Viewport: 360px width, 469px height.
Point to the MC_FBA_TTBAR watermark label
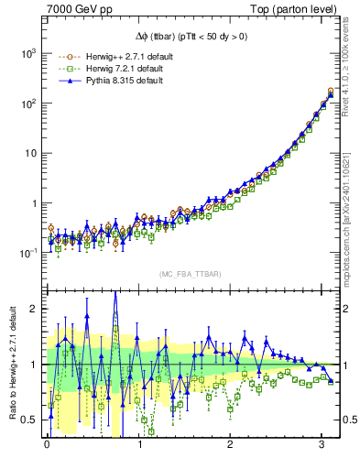[189, 274]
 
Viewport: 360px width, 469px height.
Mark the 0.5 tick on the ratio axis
[30, 420]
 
